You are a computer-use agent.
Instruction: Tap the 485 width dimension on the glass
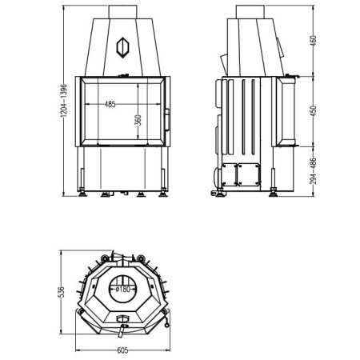point(110,103)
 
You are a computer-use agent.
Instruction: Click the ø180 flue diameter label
point(122,288)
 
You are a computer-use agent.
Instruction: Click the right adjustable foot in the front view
point(162,190)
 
